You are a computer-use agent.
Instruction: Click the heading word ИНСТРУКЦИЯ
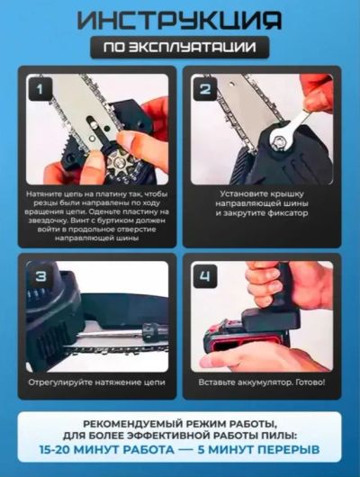pyautogui.click(x=179, y=21)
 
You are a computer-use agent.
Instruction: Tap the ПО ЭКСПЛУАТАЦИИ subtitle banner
pyautogui.click(x=180, y=47)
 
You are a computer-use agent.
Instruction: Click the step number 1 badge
pyautogui.click(x=40, y=89)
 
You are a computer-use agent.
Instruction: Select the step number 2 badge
pyautogui.click(x=205, y=89)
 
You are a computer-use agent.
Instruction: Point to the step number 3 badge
pyautogui.click(x=40, y=276)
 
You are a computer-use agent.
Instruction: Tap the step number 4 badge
pyautogui.click(x=205, y=276)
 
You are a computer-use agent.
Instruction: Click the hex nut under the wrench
pyautogui.click(x=278, y=140)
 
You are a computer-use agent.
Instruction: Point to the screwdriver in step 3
pyautogui.click(x=121, y=331)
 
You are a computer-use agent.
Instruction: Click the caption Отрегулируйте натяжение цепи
pyautogui.click(x=97, y=382)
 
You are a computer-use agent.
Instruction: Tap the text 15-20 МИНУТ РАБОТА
pyautogui.click(x=107, y=450)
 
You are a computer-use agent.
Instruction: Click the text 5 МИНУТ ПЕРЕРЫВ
pyautogui.click(x=258, y=450)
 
